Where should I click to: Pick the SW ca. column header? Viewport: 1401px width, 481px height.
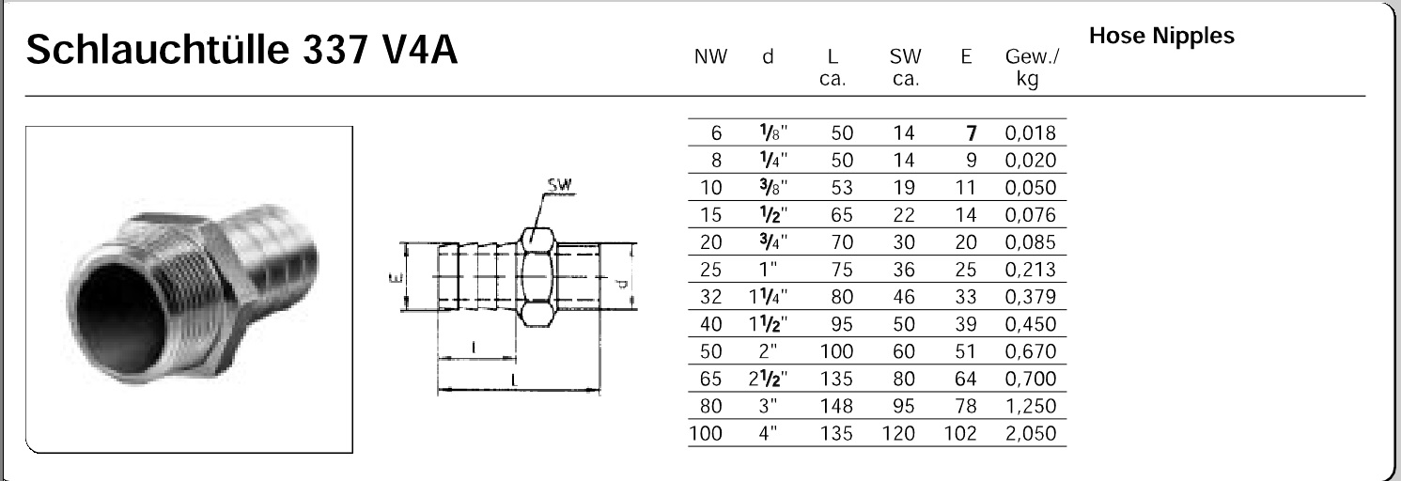click(904, 68)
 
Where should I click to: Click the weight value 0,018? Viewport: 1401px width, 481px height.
click(1031, 133)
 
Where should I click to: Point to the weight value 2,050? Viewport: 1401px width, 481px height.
click(1031, 434)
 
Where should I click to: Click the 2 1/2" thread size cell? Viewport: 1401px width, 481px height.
click(767, 380)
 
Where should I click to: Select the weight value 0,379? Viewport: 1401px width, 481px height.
click(1031, 298)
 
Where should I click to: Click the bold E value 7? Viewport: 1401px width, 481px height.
click(972, 133)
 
